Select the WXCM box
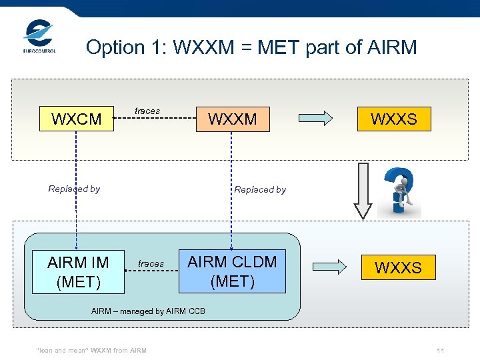click(77, 120)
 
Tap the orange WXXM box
click(233, 119)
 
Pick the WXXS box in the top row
click(393, 119)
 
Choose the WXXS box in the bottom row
click(398, 267)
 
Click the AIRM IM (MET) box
click(78, 273)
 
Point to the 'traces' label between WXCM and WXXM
click(147, 111)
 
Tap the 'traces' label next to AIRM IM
click(151, 264)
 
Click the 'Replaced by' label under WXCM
click(74, 189)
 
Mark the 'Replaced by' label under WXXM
click(260, 189)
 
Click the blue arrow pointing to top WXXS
click(315, 119)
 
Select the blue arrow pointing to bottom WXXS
click(330, 267)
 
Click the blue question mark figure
click(400, 191)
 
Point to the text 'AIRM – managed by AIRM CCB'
click(148, 311)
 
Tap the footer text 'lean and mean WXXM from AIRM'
click(91, 351)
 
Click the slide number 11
click(440, 351)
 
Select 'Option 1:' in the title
click(127, 47)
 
